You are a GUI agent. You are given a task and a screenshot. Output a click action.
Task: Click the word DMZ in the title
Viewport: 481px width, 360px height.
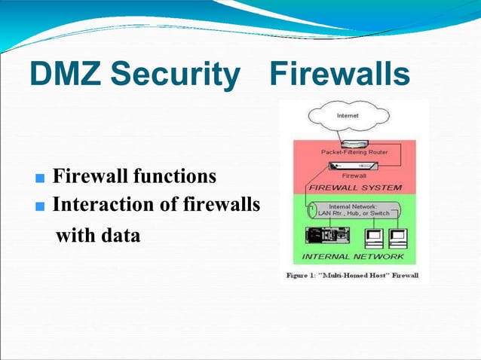click(63, 75)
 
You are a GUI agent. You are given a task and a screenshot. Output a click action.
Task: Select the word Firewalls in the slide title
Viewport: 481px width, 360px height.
click(340, 75)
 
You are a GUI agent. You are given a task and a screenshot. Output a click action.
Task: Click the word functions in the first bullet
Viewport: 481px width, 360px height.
click(174, 177)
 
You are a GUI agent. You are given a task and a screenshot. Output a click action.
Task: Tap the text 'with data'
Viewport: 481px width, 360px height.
click(99, 236)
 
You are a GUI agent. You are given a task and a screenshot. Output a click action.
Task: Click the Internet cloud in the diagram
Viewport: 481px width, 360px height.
click(348, 116)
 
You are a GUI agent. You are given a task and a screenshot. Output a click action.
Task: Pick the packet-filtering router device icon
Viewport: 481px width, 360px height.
click(354, 142)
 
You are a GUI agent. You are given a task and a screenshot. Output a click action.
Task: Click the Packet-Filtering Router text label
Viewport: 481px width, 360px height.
click(354, 152)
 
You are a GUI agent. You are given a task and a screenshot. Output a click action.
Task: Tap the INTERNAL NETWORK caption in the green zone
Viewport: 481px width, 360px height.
click(353, 257)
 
